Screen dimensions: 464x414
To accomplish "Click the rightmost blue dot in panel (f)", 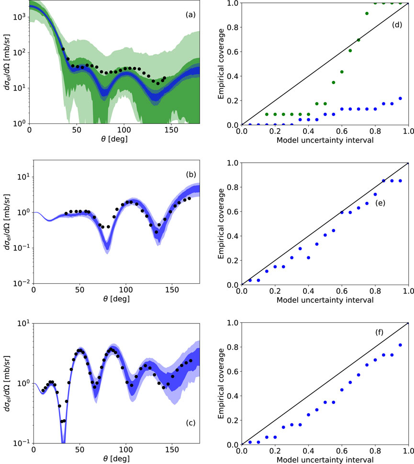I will click(400, 345).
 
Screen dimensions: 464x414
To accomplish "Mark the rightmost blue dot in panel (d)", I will click(400, 98).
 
